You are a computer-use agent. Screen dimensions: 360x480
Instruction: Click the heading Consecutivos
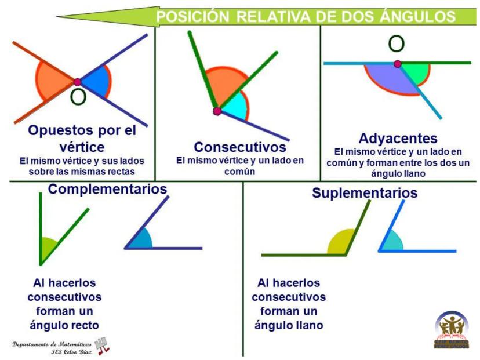240,147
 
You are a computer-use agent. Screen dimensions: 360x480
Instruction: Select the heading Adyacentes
398,139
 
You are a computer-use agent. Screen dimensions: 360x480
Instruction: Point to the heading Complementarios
107,190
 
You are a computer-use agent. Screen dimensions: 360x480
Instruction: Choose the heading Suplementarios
365,193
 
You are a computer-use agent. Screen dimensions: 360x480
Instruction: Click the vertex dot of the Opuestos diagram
77,82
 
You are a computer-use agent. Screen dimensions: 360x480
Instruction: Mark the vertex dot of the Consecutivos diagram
217,111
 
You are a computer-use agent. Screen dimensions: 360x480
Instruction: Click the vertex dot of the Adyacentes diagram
397,64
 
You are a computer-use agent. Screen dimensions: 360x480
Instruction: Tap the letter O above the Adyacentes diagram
396,44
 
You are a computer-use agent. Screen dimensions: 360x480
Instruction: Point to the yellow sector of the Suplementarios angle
339,243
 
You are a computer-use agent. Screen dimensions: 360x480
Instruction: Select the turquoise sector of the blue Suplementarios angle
391,242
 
